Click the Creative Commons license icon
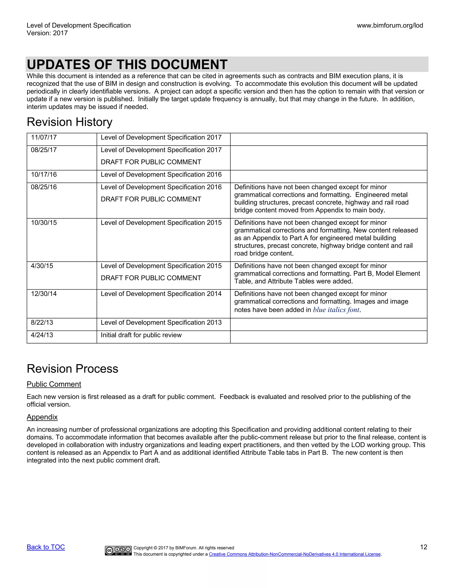(x=118, y=551)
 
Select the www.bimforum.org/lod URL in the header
(x=390, y=26)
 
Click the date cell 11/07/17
(x=44, y=138)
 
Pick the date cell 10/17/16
(x=44, y=175)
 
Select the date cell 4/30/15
(x=42, y=266)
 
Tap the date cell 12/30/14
(x=44, y=294)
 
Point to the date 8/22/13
(x=42, y=323)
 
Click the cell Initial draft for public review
(x=141, y=335)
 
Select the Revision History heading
(x=69, y=122)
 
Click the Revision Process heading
(x=72, y=369)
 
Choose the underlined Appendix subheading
(x=42, y=417)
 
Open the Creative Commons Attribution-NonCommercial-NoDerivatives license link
(x=295, y=554)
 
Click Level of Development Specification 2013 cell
(x=161, y=323)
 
